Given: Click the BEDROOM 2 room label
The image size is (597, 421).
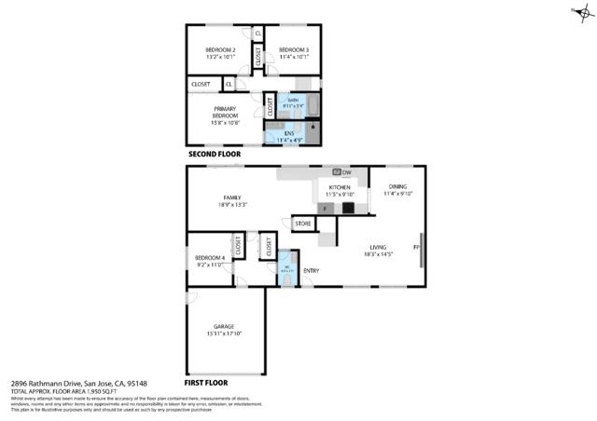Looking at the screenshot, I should [x=220, y=49].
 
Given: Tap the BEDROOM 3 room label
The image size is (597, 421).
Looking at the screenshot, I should [x=294, y=49].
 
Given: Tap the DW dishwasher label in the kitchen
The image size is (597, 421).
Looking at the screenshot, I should [x=346, y=173].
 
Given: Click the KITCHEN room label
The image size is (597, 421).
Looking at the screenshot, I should [x=340, y=188].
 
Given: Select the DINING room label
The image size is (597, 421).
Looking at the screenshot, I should [x=397, y=187].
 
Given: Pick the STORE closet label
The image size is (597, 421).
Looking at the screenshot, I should [x=303, y=224].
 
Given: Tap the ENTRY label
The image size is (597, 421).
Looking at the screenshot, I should [x=312, y=271].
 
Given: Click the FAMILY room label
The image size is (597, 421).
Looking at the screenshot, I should [x=231, y=197].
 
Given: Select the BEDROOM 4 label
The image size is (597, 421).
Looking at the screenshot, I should [x=209, y=258].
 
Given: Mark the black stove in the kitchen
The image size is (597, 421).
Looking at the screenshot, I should [x=347, y=209].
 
